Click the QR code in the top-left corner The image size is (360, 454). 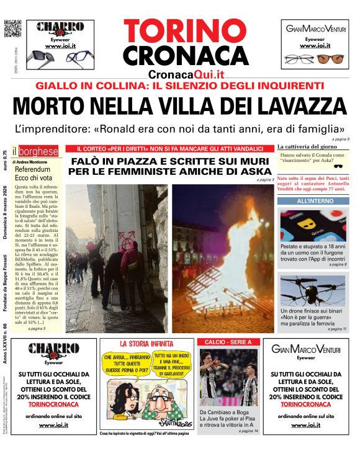pyautogui.click(x=12, y=29)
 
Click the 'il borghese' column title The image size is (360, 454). pyautogui.click(x=38, y=151)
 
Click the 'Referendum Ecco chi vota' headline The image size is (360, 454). pyautogui.click(x=32, y=173)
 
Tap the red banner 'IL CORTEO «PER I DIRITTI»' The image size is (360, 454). pyautogui.click(x=169, y=149)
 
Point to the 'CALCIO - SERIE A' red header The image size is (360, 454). pyautogui.click(x=228, y=342)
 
